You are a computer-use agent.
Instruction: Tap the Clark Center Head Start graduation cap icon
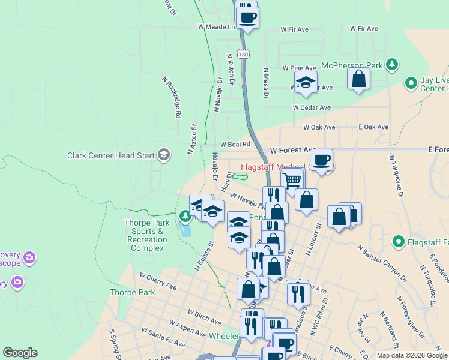(163, 155)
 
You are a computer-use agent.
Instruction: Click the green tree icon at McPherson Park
(392, 64)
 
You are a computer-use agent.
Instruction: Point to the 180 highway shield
(243, 54)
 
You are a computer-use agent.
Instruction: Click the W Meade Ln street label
(217, 27)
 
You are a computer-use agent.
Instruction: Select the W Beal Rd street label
(234, 145)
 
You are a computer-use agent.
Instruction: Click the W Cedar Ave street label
(312, 107)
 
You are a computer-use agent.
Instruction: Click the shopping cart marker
(292, 179)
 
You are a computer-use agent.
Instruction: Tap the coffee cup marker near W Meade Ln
(247, 16)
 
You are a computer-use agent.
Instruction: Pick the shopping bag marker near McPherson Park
(358, 79)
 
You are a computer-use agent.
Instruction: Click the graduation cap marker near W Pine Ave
(306, 82)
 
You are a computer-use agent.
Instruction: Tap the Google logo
(20, 353)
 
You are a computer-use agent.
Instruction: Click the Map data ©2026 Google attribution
(411, 355)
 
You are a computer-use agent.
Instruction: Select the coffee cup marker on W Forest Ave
(321, 160)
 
